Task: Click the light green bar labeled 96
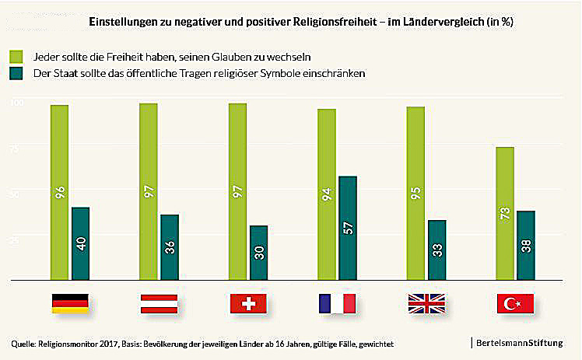click(60, 191)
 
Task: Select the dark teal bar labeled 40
click(81, 243)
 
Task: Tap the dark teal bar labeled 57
click(348, 227)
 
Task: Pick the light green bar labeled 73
click(505, 212)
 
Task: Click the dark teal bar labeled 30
click(258, 252)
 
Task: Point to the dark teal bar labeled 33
click(437, 249)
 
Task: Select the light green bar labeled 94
click(327, 194)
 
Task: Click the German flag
click(70, 303)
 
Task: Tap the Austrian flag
click(159, 303)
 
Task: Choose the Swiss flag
click(248, 303)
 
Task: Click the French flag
click(336, 303)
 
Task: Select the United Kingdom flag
click(426, 303)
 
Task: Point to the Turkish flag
click(514, 303)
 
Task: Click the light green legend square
click(16, 57)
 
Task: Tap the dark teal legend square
click(16, 72)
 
